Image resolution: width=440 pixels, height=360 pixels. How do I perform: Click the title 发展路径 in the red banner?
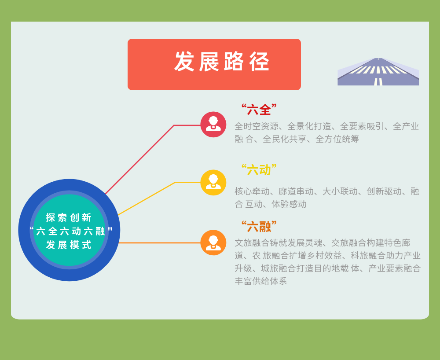pyautogui.click(x=222, y=62)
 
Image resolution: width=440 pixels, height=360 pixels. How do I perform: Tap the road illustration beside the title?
pyautogui.click(x=378, y=72)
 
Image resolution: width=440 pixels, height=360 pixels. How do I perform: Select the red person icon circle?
pyautogui.click(x=213, y=124)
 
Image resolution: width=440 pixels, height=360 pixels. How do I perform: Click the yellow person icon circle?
pyautogui.click(x=213, y=182)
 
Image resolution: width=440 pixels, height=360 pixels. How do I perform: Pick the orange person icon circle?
pyautogui.click(x=213, y=242)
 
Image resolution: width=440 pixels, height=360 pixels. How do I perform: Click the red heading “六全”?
pyautogui.click(x=259, y=109)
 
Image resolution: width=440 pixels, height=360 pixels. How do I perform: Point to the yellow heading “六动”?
pyautogui.click(x=259, y=169)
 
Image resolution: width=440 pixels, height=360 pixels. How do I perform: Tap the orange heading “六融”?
pyautogui.click(x=259, y=226)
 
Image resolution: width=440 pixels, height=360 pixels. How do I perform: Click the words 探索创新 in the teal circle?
pyautogui.click(x=69, y=217)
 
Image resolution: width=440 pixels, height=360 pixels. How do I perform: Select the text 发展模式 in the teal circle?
pyautogui.click(x=69, y=245)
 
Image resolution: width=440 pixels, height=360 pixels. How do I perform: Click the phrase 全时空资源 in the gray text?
pyautogui.click(x=257, y=126)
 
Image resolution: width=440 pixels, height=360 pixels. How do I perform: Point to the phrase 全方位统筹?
pyautogui.click(x=337, y=139)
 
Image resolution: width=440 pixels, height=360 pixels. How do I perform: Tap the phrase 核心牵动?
pyautogui.click(x=252, y=191)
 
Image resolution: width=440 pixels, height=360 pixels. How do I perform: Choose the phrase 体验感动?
pyautogui.click(x=289, y=204)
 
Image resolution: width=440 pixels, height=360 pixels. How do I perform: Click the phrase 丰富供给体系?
pyautogui.click(x=260, y=281)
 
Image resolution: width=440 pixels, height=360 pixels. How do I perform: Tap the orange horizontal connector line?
pyautogui.click(x=160, y=242)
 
